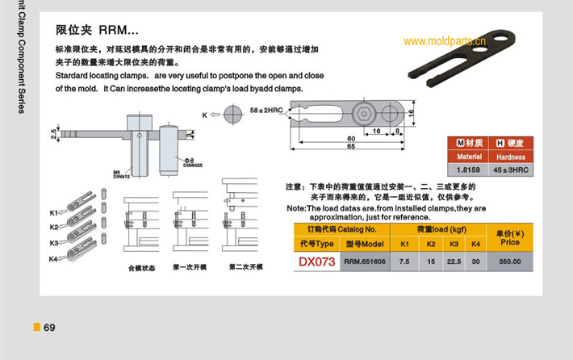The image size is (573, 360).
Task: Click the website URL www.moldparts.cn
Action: [443, 40]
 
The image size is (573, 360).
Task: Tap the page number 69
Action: [49, 327]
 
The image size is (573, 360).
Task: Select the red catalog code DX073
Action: [316, 262]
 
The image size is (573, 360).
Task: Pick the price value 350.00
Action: [509, 262]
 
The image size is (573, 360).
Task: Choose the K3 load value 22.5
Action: [454, 262]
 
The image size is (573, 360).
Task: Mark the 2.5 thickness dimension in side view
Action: [54, 132]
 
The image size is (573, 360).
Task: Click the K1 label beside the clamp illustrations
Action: [53, 212]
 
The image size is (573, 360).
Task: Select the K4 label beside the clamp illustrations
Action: [53, 258]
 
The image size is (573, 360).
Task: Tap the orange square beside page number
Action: [36, 327]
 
